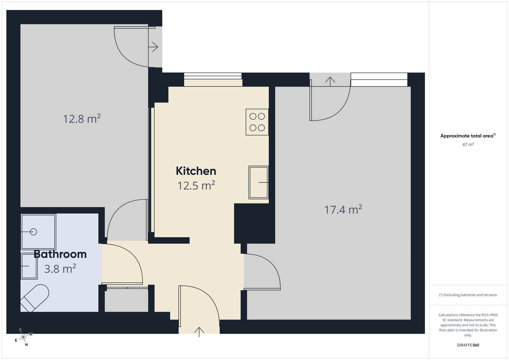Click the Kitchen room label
[x=196, y=171]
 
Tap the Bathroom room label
[x=60, y=254]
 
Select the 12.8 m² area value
[x=81, y=119]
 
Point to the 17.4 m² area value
[x=343, y=209]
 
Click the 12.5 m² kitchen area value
[x=196, y=185]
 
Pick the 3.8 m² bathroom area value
[x=60, y=268]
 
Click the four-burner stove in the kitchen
[x=257, y=122]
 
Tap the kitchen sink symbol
[x=259, y=182]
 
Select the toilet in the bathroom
[x=35, y=298]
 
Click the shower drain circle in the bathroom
[x=33, y=232]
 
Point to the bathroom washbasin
[x=29, y=266]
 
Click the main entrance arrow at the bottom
[x=199, y=332]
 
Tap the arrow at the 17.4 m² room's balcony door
[x=330, y=81]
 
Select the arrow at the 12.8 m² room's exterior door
[x=153, y=47]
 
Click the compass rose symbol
[x=23, y=337]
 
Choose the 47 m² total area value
[x=468, y=144]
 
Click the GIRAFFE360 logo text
[x=468, y=345]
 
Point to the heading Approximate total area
[x=468, y=135]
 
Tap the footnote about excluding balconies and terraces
[x=468, y=295]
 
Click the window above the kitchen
[x=213, y=76]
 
